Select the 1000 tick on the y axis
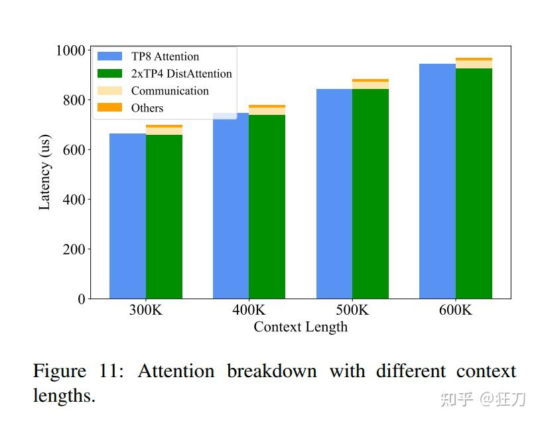point(70,50)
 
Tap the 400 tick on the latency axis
point(75,200)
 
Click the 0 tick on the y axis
point(81,299)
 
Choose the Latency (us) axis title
point(44,175)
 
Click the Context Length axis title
point(300,327)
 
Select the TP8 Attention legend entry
point(165,56)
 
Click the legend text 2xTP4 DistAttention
point(181,74)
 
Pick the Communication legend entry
point(170,91)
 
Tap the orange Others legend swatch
point(109,108)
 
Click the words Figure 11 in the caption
point(78,371)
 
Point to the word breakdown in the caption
point(272,371)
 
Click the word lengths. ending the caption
point(64,396)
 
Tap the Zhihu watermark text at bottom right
point(484,398)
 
